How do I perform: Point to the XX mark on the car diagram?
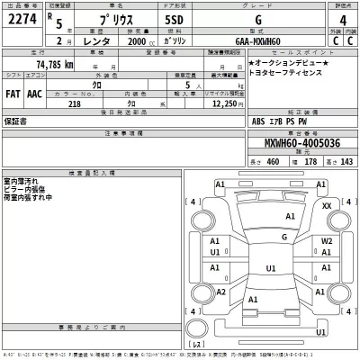click(327, 206)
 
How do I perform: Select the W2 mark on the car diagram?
click(327, 242)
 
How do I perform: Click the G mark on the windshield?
click(283, 237)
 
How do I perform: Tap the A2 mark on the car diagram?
click(220, 292)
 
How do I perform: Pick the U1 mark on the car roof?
click(271, 268)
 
